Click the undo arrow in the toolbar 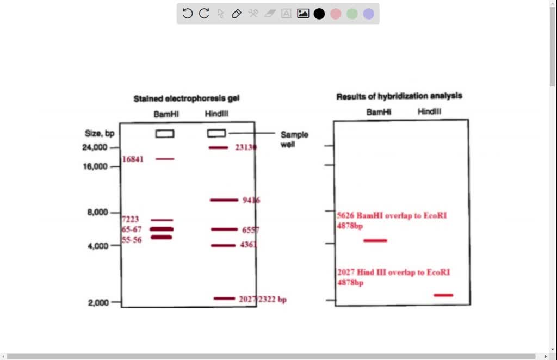(188, 14)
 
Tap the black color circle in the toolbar (319, 14)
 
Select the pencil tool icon (237, 14)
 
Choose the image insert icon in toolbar (303, 14)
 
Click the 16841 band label (133, 159)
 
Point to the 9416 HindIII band (224, 200)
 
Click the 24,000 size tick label (96, 147)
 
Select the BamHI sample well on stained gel (165, 133)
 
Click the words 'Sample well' (294, 140)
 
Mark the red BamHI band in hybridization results (375, 240)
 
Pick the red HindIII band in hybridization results (443, 295)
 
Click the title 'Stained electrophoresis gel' (187, 99)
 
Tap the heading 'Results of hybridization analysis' (399, 96)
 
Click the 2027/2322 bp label (262, 299)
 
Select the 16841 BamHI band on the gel (165, 159)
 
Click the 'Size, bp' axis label (100, 133)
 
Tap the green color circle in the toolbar (352, 14)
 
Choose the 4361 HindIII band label (249, 245)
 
